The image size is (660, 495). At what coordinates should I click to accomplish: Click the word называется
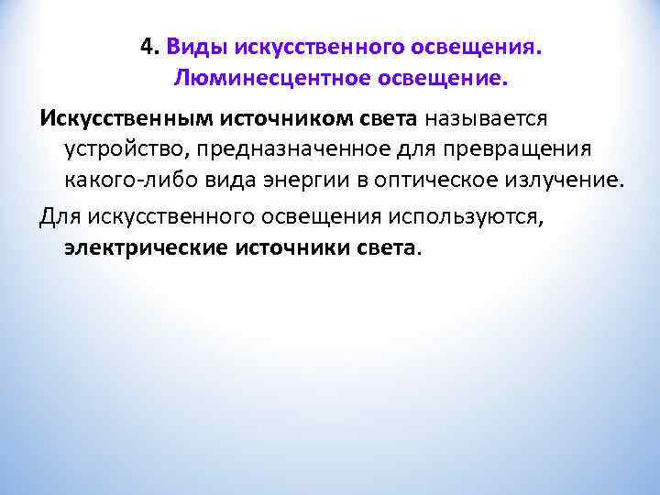point(485,119)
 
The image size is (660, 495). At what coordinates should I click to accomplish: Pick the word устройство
point(123,149)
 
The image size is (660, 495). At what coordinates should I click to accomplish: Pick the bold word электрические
point(147,248)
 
